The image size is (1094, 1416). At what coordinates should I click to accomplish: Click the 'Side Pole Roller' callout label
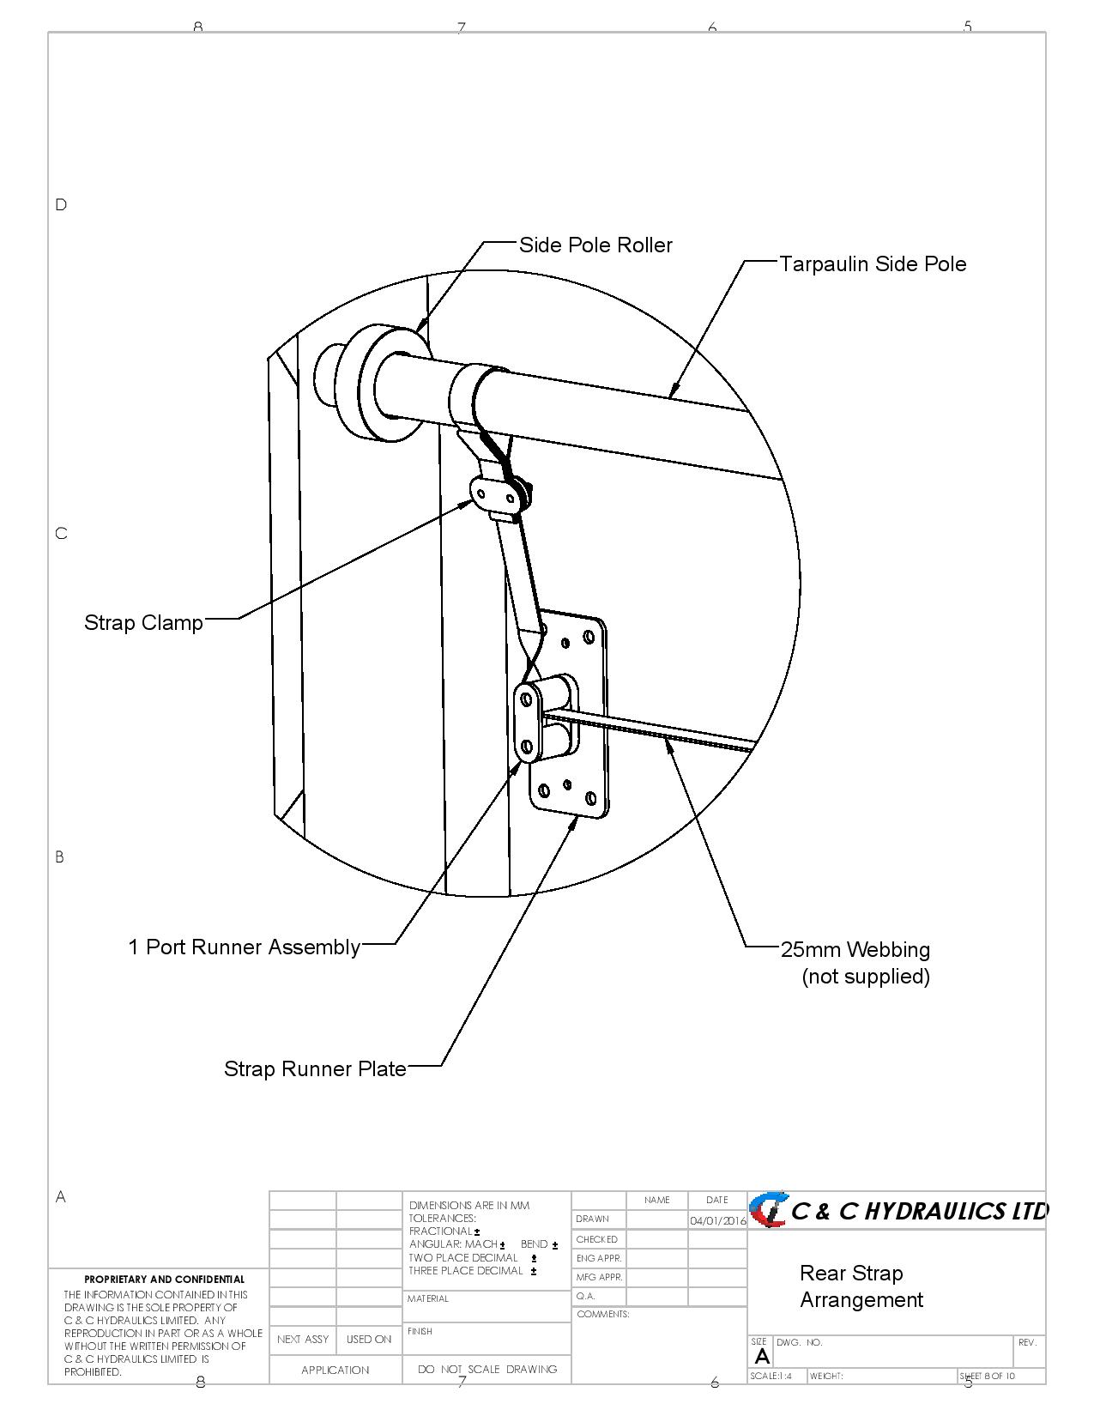point(595,245)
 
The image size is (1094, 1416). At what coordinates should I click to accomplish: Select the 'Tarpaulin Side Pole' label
point(873,264)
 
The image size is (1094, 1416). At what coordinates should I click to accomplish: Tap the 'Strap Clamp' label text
point(143,623)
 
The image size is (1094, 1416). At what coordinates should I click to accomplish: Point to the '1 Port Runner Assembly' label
point(245,947)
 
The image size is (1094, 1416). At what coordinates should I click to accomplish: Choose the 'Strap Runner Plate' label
point(315,1069)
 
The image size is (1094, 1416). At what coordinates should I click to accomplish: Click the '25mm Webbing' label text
point(855,950)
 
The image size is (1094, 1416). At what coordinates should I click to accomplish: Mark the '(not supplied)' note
point(866,977)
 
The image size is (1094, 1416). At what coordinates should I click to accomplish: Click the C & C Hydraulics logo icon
point(768,1210)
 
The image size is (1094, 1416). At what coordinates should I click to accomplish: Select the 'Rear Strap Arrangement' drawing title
point(861,1286)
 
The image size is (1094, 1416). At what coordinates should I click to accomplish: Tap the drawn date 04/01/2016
point(717,1220)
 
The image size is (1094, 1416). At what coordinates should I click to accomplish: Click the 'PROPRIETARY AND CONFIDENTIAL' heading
point(164,1280)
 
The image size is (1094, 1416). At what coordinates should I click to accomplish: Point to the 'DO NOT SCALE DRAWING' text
point(487,1370)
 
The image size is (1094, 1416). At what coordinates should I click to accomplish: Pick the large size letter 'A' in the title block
point(762,1357)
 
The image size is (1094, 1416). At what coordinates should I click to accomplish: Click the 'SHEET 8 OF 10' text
point(987,1377)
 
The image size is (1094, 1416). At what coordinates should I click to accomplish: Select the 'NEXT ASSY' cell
point(303,1340)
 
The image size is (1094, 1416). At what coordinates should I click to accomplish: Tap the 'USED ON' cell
point(369,1340)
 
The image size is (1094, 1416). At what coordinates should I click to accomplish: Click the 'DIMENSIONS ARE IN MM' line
point(469,1206)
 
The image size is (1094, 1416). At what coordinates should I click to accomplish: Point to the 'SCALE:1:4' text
point(771,1377)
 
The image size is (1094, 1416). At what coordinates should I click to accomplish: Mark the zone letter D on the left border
point(61,205)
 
